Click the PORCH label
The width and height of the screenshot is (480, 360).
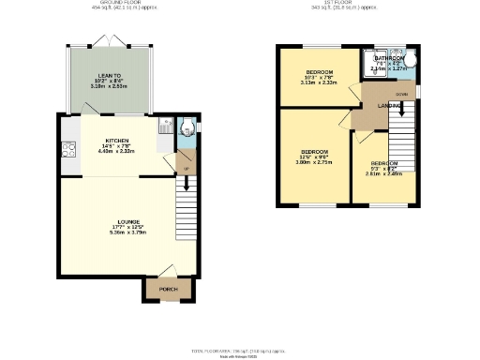[168, 290]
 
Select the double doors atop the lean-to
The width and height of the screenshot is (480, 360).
[110, 43]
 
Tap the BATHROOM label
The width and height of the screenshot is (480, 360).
[388, 58]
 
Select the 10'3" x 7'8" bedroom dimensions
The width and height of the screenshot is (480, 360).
[320, 78]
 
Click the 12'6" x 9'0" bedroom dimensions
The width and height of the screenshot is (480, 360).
[314, 157]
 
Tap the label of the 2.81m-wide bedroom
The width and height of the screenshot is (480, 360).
[382, 163]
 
